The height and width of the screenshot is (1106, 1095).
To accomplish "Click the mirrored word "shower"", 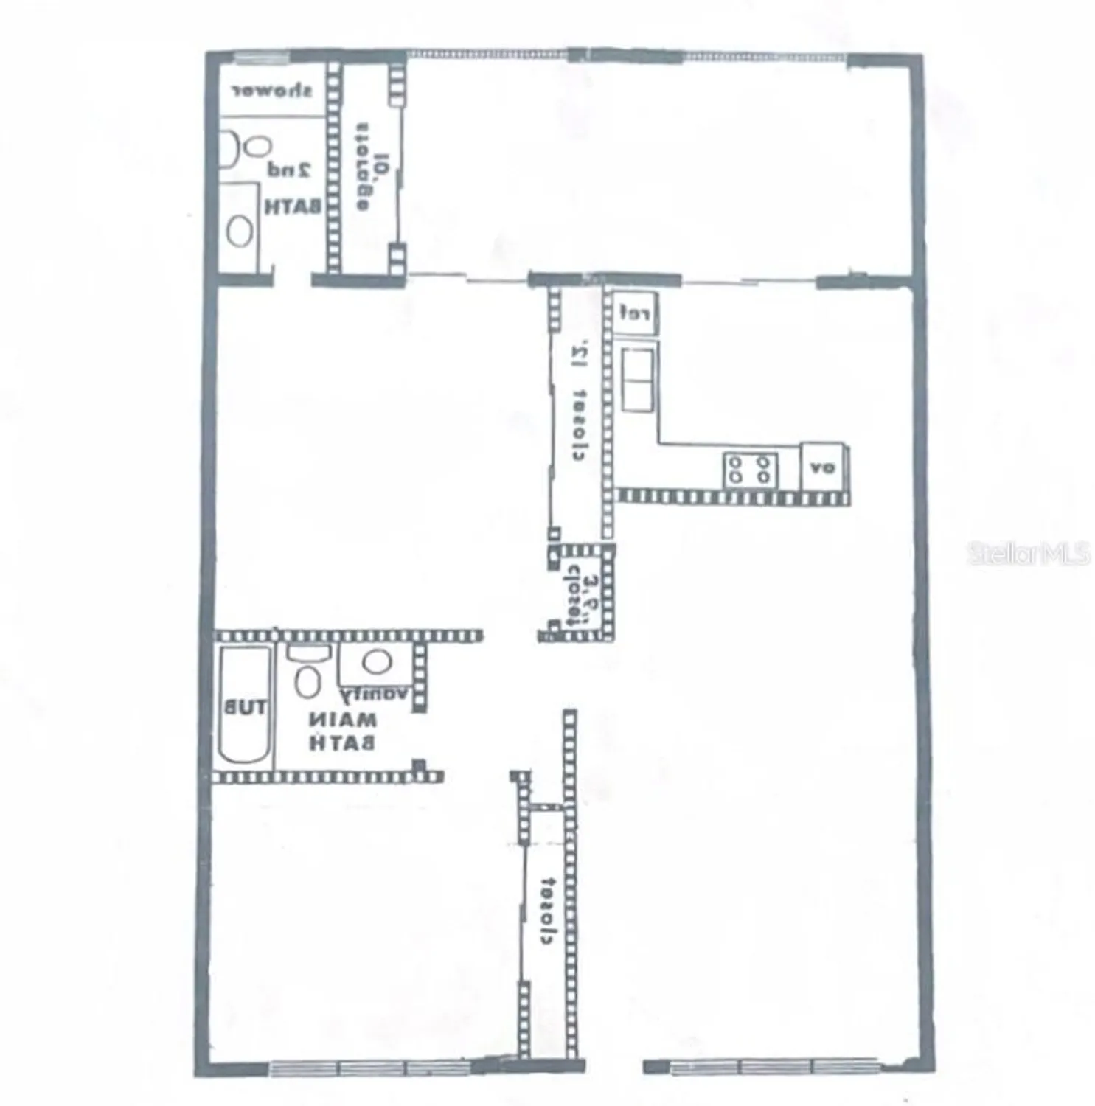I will click(x=272, y=91).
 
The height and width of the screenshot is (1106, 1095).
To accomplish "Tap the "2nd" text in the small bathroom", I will click(x=290, y=170).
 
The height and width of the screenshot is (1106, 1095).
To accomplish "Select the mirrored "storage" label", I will click(x=362, y=165).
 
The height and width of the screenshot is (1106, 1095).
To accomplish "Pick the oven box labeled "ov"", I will click(x=823, y=467).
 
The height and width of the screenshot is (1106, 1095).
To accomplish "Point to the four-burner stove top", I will click(x=749, y=470).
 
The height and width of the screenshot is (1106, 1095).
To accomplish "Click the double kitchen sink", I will click(x=637, y=380).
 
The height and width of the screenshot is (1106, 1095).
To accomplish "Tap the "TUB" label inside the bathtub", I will click(x=245, y=709).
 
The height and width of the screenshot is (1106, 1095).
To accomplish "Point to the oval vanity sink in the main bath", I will click(x=377, y=661).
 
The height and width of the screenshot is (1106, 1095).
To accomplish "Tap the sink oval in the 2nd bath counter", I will click(x=239, y=231).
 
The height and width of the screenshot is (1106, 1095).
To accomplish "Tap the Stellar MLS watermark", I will click(x=1028, y=554).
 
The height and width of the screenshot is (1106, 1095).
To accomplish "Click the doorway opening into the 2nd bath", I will click(x=293, y=280).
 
